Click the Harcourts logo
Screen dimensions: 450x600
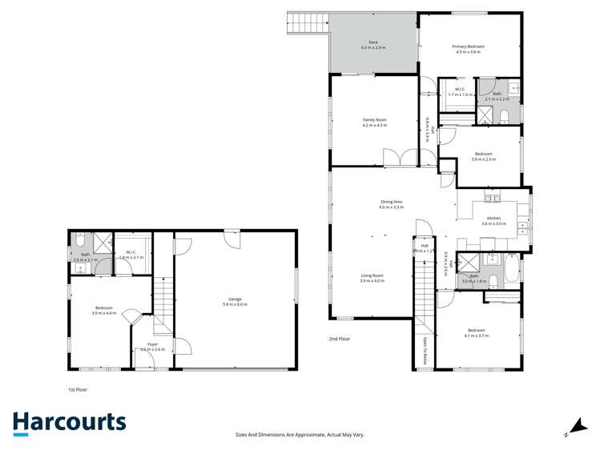[69, 424]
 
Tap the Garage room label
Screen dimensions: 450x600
[235, 302]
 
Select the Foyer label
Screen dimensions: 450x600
[152, 347]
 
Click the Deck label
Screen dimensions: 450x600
[373, 45]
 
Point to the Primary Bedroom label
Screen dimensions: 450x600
[469, 49]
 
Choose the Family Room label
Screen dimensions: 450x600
[374, 123]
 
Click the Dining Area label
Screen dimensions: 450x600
[391, 204]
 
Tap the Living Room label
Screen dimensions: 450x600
[372, 278]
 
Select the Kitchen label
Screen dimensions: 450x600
[494, 221]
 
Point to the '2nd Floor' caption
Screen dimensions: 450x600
[339, 339]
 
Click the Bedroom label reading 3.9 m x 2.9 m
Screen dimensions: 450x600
[483, 156]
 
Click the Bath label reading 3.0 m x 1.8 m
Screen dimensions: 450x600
[474, 279]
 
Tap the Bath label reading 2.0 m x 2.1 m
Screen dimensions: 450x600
[85, 257]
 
